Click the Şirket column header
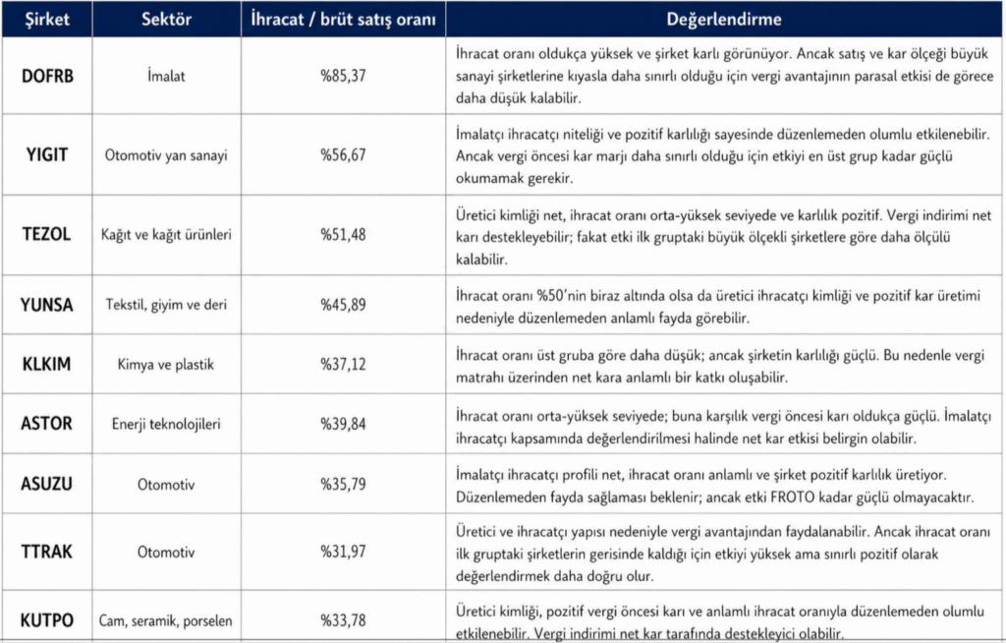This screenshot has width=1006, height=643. pos(47,19)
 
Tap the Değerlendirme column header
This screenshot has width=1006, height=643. pos(724,19)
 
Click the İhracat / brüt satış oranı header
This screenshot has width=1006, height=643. pos(343,19)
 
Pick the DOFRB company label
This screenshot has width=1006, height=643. pos(47,75)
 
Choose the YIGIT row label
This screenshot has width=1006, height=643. pos(47,154)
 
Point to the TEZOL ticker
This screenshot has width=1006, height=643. pos(47,235)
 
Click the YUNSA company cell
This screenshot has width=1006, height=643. pos(47,305)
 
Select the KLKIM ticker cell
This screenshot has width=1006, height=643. pos(47,365)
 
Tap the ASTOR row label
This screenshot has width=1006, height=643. pos(47,425)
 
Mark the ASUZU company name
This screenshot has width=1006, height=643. pos(47,484)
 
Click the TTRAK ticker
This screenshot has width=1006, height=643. pos(47,553)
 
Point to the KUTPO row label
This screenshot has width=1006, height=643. pos(47,620)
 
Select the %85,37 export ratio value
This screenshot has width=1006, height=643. pos(343,75)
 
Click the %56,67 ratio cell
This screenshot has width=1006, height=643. pos(343,154)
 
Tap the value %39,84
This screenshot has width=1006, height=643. pos(343,425)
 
